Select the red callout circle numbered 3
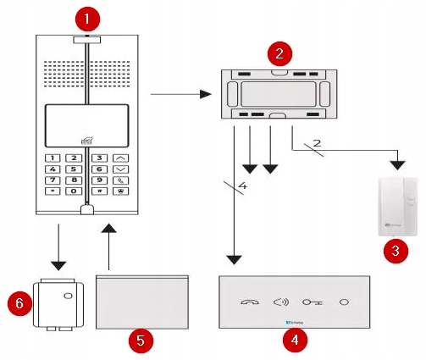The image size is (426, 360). tap(394, 250)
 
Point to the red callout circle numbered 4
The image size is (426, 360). tap(294, 341)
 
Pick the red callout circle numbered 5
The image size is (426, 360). tap(143, 341)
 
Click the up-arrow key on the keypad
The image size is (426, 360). tap(121, 158)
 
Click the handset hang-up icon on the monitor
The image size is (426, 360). tap(250, 302)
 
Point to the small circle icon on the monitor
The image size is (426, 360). tap(344, 302)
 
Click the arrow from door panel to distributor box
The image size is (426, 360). tap(179, 95)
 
